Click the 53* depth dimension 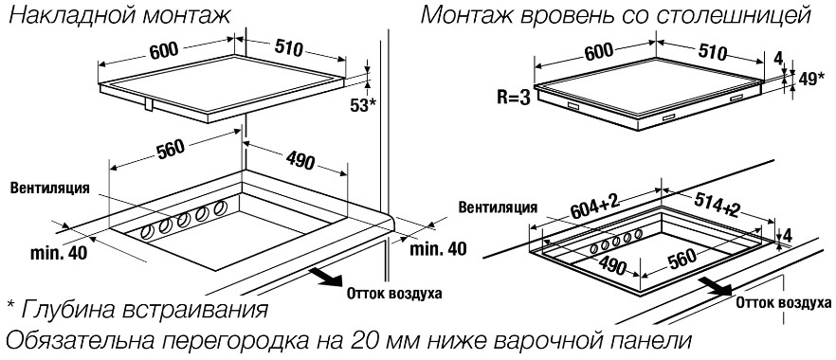362,104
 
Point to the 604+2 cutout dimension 594,206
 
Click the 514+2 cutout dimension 718,205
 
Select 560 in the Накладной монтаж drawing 171,150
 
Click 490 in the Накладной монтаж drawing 300,160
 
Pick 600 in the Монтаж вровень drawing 599,54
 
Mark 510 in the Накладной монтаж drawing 289,48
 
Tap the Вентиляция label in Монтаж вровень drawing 499,207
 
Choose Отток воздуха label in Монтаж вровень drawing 784,303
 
